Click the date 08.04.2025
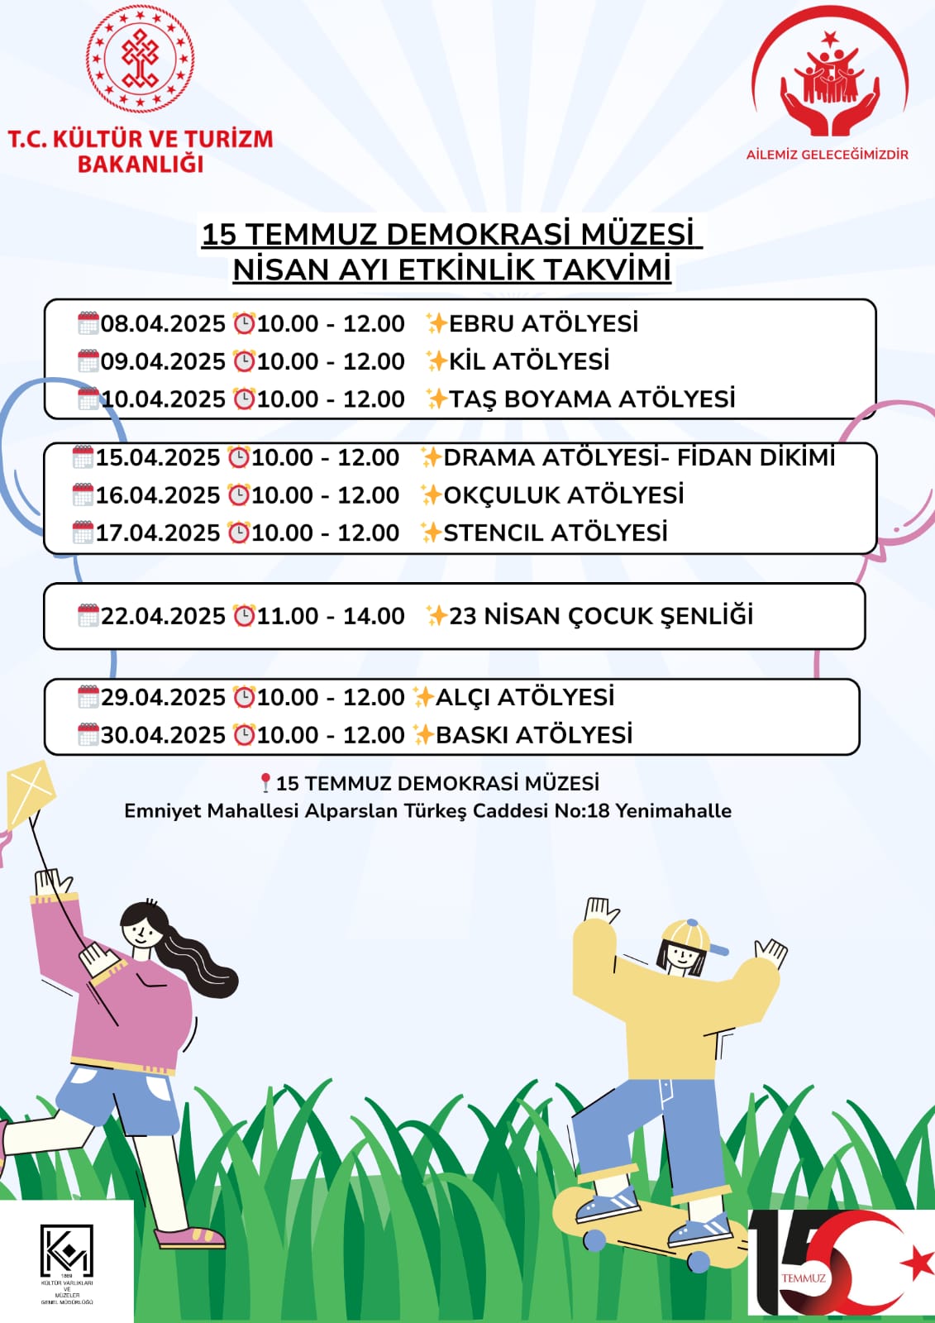[163, 323]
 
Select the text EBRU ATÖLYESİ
[543, 323]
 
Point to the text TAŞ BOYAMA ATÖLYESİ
[592, 399]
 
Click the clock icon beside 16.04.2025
[239, 495]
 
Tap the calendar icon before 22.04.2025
[88, 616]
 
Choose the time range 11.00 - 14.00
[331, 616]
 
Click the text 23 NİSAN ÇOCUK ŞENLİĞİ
[601, 616]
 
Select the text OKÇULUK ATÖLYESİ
[564, 495]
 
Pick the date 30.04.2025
[163, 735]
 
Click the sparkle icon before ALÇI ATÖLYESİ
[423, 697]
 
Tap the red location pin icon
[265, 782]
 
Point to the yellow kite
[29, 795]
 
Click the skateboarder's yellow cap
[688, 934]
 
